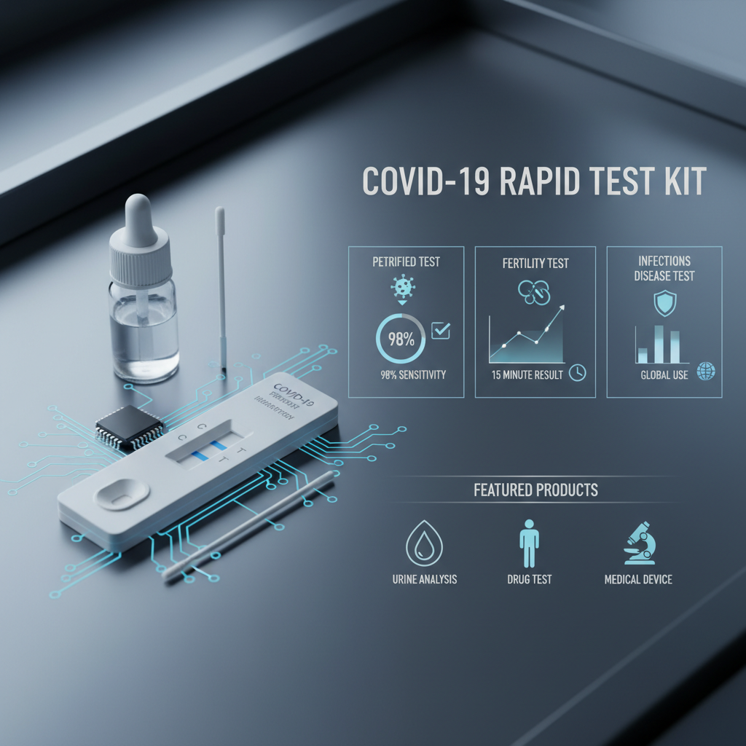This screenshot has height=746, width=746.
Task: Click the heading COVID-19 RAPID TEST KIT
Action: click(534, 181)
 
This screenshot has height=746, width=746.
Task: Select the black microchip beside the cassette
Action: click(130, 425)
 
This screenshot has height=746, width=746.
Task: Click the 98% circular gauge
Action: click(400, 338)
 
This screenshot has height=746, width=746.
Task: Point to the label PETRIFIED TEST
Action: click(407, 262)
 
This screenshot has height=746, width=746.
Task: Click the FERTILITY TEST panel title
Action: click(535, 262)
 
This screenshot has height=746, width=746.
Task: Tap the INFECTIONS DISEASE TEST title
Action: click(664, 268)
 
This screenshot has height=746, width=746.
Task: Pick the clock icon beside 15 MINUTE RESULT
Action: click(577, 372)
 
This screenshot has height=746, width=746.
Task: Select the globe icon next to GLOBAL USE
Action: click(706, 372)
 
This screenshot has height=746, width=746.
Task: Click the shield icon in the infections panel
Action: click(664, 302)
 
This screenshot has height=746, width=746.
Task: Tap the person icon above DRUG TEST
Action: click(529, 545)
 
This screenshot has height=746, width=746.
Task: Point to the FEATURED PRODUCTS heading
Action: click(535, 490)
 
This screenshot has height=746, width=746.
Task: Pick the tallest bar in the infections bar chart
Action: click(659, 344)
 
